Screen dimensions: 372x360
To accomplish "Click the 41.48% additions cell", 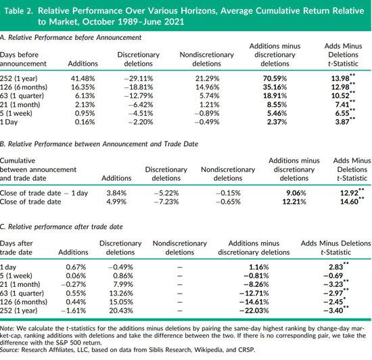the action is pyautogui.click(x=83, y=78).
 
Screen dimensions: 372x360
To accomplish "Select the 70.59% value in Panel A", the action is pyautogui.click(x=275, y=78).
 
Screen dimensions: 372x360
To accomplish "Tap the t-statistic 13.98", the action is pyautogui.click(x=340, y=78).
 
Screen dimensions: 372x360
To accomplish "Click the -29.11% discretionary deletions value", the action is pyautogui.click(x=139, y=78).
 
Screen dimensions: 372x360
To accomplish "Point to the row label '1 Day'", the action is pyautogui.click(x=9, y=122).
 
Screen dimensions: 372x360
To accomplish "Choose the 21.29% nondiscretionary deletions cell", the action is pyautogui.click(x=207, y=78).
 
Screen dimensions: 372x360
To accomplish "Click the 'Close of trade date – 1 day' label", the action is pyautogui.click(x=44, y=193).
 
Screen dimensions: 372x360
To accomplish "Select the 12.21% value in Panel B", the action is pyautogui.click(x=294, y=202).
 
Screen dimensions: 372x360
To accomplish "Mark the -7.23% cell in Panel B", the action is pyautogui.click(x=166, y=202).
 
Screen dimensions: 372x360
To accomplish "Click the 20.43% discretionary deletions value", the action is pyautogui.click(x=121, y=311).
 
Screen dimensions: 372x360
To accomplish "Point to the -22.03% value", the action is pyautogui.click(x=254, y=311).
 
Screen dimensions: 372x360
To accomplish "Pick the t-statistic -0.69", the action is pyautogui.click(x=333, y=276).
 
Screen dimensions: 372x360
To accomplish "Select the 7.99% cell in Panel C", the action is pyautogui.click(x=123, y=284).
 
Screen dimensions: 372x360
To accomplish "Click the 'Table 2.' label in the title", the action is pyautogui.click(x=19, y=11).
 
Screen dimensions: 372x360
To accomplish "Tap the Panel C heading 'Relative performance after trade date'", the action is pyautogui.click(x=66, y=227).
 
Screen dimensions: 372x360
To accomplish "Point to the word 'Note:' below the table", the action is pyautogui.click(x=7, y=329).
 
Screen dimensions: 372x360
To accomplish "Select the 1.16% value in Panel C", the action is pyautogui.click(x=259, y=267).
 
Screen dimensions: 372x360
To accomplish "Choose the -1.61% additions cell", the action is pyautogui.click(x=74, y=311).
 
